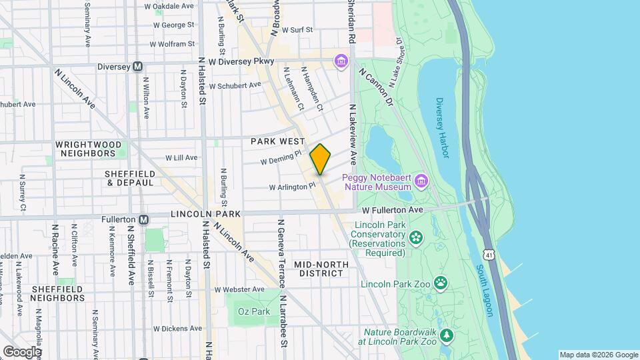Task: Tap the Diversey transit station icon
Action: tap(138, 66)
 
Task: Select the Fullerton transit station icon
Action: tap(143, 219)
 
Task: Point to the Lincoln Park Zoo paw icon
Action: tap(441, 283)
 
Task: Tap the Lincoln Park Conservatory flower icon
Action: tap(417, 237)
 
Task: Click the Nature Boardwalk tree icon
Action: tap(447, 336)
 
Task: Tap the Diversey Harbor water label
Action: tap(442, 128)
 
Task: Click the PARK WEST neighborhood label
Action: tap(277, 142)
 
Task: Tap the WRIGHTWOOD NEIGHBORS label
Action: tap(88, 149)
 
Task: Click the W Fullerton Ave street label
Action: tap(394, 210)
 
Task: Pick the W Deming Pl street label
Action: tap(281, 158)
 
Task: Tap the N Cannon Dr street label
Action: tap(377, 86)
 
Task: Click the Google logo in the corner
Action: tap(22, 351)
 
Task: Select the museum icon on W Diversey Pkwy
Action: tap(341, 62)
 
